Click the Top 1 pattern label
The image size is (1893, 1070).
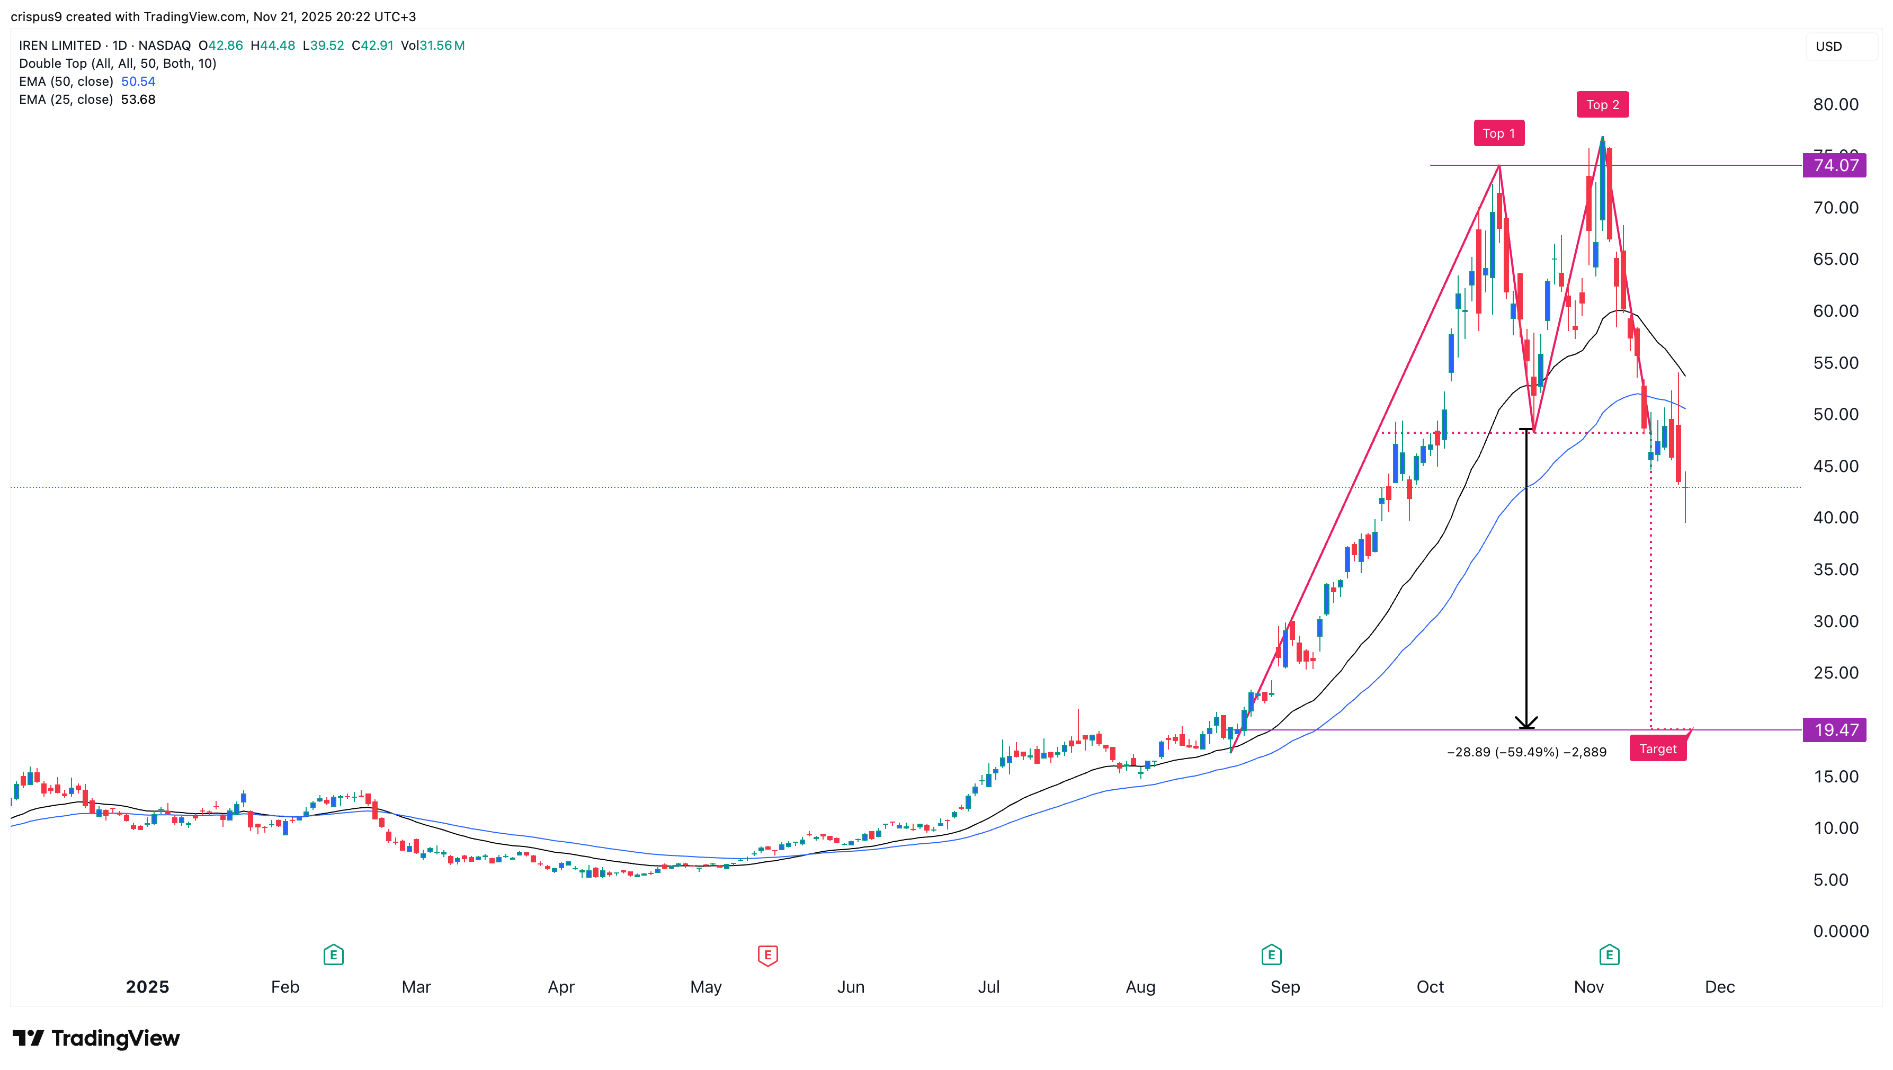(1498, 133)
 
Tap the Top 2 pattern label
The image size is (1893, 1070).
(1602, 104)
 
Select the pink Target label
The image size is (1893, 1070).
(1657, 749)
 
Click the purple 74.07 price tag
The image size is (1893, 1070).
(1834, 165)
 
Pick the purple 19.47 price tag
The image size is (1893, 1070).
(1834, 730)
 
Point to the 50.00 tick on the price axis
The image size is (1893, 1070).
(1835, 414)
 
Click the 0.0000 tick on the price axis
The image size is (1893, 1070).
(1840, 931)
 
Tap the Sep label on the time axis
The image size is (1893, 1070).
(1284, 987)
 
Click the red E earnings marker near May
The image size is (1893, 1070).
(767, 956)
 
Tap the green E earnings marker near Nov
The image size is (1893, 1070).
(1609, 956)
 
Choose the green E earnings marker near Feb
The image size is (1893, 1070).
(333, 956)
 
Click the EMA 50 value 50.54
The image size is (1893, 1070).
(138, 82)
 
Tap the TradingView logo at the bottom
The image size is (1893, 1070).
(96, 1038)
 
